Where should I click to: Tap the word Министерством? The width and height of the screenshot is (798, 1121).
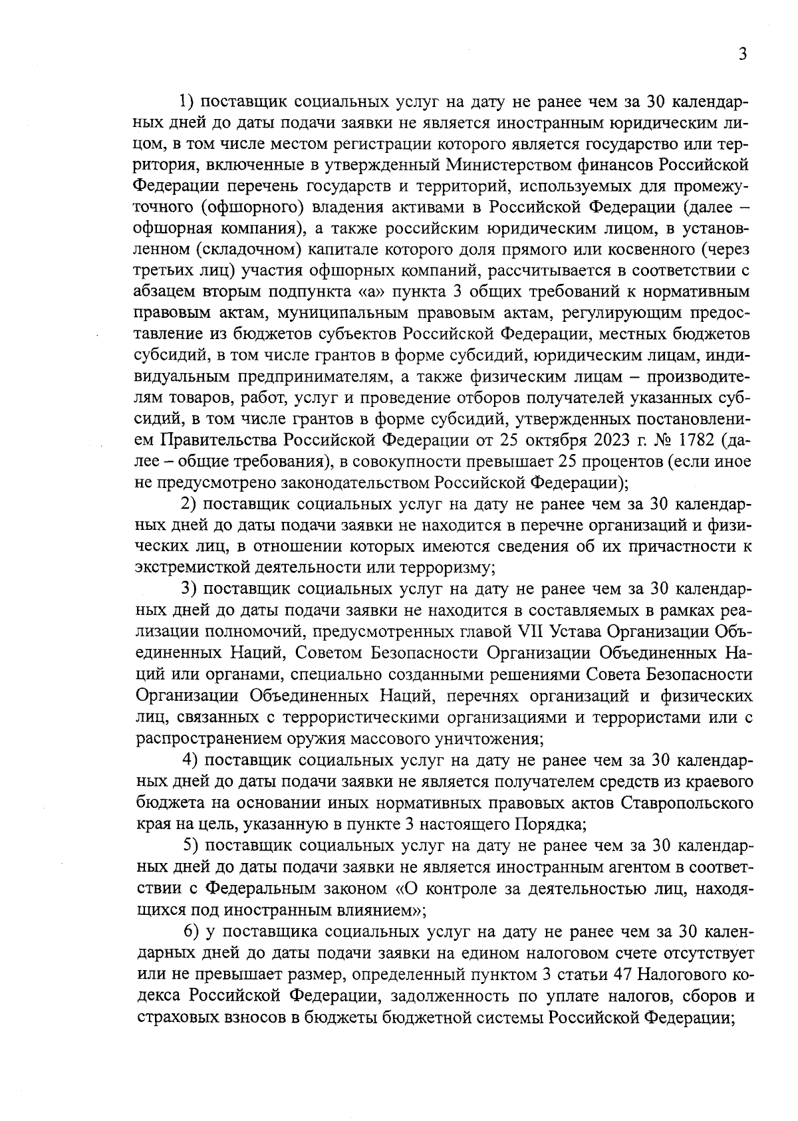click(x=499, y=163)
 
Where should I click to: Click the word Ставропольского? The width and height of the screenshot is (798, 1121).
click(x=687, y=803)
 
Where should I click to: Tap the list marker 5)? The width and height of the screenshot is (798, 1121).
click(x=192, y=846)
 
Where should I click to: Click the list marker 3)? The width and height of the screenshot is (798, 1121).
click(x=191, y=590)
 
